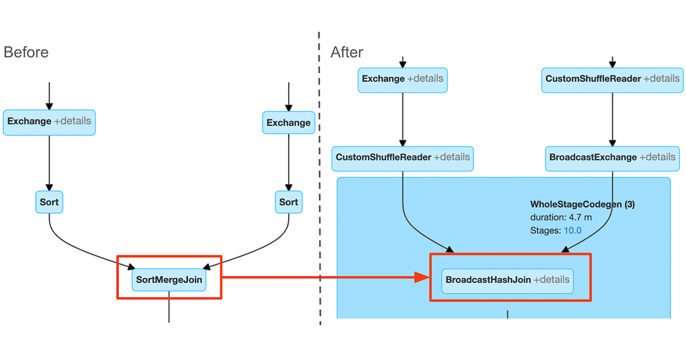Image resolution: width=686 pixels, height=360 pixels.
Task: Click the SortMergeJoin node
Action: (169, 281)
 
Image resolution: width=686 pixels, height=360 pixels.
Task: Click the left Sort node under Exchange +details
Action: (49, 202)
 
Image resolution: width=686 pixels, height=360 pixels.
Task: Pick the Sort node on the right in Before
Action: (288, 202)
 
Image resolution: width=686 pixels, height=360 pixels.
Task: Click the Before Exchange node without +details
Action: (288, 123)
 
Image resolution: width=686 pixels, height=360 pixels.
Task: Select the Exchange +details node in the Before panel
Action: (49, 122)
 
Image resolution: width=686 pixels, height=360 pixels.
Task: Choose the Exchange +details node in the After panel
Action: (402, 79)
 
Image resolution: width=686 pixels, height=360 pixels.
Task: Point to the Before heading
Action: (26, 53)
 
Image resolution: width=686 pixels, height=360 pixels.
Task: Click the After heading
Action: (347, 53)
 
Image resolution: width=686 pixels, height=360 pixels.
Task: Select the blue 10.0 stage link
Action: (572, 231)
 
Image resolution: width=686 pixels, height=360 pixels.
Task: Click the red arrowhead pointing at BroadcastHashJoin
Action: (422, 277)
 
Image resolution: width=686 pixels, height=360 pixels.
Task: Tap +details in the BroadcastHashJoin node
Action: (552, 280)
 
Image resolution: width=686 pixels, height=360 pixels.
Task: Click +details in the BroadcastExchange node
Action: (657, 158)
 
